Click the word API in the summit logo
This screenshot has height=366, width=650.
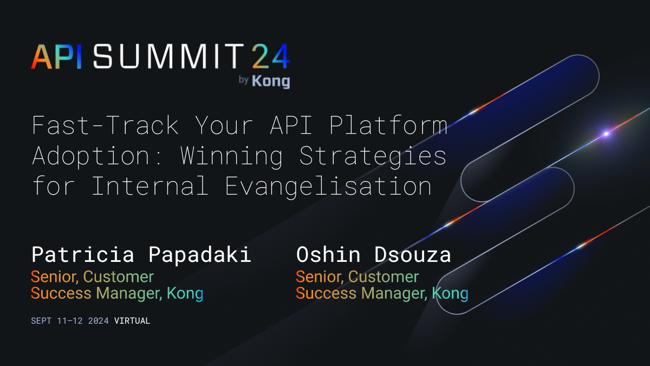coord(57,56)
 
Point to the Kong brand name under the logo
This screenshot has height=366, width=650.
coord(271,81)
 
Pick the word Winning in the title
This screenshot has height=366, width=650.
coord(232,156)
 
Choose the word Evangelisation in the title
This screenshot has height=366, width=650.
coord(328,186)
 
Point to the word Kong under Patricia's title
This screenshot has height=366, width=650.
coord(185,294)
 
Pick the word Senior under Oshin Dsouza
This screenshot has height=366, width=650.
coord(318,277)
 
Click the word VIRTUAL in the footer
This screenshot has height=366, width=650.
coord(132,320)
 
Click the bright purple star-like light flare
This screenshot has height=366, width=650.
coord(606,133)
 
